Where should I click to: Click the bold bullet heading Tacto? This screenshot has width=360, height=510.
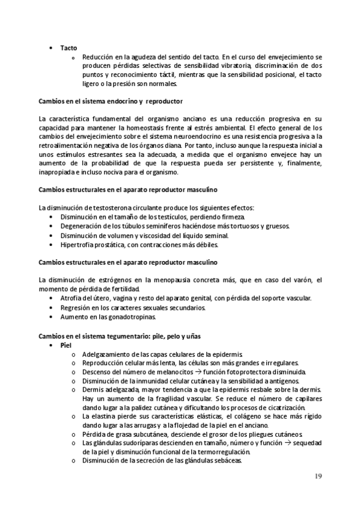click(x=68, y=47)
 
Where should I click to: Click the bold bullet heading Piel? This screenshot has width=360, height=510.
click(x=66, y=346)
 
